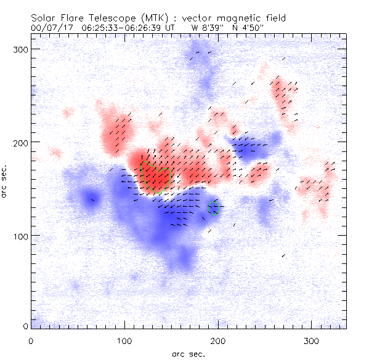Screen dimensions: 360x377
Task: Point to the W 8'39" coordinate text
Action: click(x=208, y=27)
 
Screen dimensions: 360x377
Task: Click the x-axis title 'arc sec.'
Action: click(x=188, y=354)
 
